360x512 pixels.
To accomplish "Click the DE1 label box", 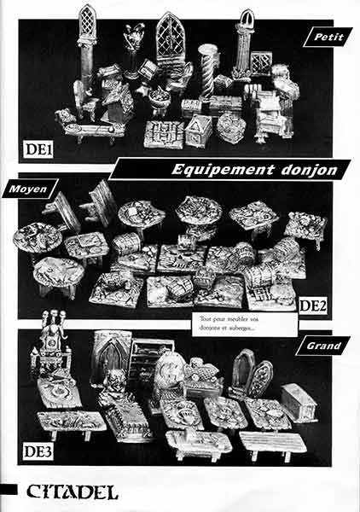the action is click(38, 149).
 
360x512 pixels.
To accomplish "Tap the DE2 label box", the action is click(313, 306).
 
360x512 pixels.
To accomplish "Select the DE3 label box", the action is click(38, 451).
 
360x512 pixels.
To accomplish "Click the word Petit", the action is click(328, 37).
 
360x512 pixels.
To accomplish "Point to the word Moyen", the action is click(28, 189).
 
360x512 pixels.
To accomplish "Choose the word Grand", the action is click(323, 346).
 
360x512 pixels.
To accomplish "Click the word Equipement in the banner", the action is click(223, 170).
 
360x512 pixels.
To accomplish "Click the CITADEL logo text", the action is click(73, 492).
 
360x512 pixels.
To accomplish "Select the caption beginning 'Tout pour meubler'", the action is click(229, 323).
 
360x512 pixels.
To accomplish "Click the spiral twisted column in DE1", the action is click(208, 72).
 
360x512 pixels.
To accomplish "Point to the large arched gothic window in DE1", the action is click(170, 38).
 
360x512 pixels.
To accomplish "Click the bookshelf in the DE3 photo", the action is click(149, 358).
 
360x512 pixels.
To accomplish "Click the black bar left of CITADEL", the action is click(9, 490).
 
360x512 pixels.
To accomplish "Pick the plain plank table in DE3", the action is click(273, 444).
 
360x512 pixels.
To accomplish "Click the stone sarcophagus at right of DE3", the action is click(299, 403).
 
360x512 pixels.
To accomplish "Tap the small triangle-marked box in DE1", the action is click(199, 131).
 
